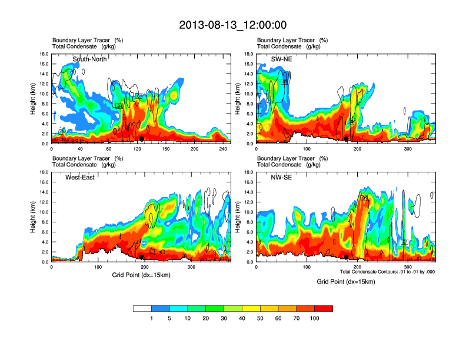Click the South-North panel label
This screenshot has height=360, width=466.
click(x=89, y=59)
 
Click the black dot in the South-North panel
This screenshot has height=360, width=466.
click(x=142, y=139)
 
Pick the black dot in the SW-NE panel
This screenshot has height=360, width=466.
click(x=347, y=139)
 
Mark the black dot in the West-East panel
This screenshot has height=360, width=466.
click(x=142, y=256)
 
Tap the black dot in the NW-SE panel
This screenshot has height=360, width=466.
click(x=347, y=256)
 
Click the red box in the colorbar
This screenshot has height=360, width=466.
click(x=324, y=308)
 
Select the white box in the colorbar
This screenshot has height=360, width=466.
click(x=142, y=308)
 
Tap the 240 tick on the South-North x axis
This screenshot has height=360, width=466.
click(x=223, y=149)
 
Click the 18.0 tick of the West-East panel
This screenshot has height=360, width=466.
click(x=44, y=172)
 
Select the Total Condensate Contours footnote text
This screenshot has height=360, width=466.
click(x=388, y=272)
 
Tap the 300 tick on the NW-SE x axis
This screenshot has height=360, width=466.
click(x=409, y=267)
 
